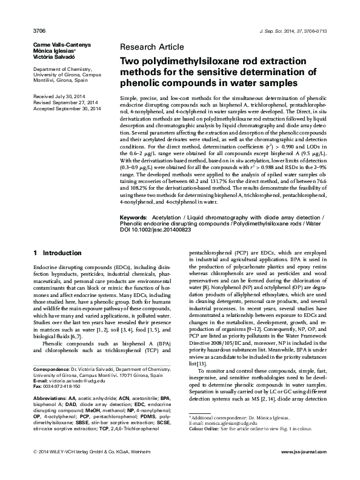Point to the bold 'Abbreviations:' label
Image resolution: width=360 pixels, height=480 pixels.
(50, 397)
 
